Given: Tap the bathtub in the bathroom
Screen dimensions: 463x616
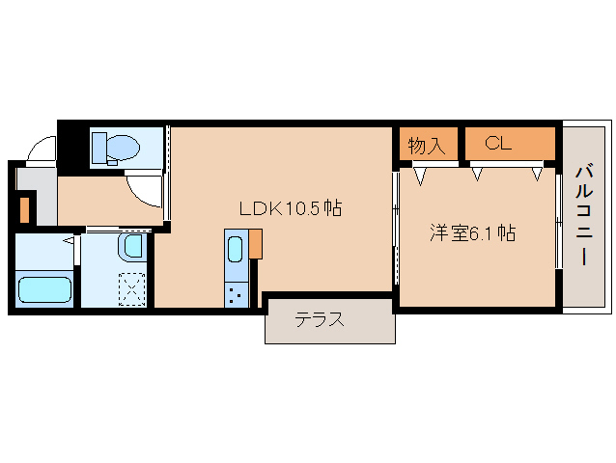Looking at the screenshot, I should tap(45, 289).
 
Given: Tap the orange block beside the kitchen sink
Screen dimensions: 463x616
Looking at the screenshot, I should tap(256, 244).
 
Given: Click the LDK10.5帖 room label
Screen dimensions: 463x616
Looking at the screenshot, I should tap(291, 207).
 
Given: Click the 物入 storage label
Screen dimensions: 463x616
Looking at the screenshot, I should tap(426, 146).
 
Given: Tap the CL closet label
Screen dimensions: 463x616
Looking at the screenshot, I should tap(498, 145).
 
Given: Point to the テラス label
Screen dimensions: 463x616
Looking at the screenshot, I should tap(320, 320).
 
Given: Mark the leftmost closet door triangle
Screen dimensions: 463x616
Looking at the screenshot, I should tap(420, 176).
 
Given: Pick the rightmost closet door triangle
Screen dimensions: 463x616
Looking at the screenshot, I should tap(538, 175).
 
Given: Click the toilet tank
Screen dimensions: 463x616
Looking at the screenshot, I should tap(99, 147).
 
